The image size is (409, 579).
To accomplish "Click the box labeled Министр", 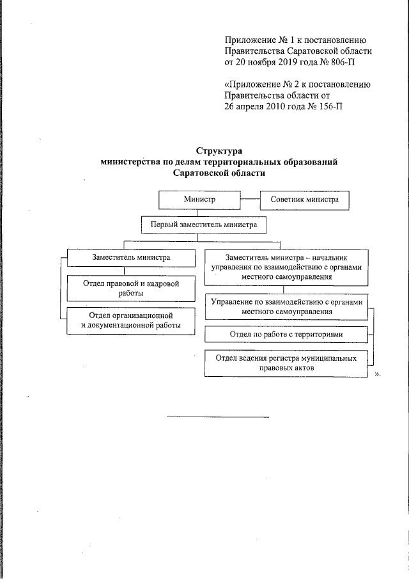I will click(x=200, y=200).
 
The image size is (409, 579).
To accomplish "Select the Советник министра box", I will click(x=304, y=200).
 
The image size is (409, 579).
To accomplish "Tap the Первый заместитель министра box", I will click(x=203, y=225).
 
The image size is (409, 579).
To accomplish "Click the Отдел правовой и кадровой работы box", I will click(x=130, y=288).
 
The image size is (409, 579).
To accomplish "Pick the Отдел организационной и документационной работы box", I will click(x=130, y=320).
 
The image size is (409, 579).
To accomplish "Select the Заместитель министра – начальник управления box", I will click(x=286, y=267).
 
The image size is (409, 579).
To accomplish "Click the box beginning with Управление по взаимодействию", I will click(x=286, y=306).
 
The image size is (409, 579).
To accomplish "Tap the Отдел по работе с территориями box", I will click(x=286, y=335).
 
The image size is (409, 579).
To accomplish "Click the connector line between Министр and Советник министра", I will click(x=251, y=200).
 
